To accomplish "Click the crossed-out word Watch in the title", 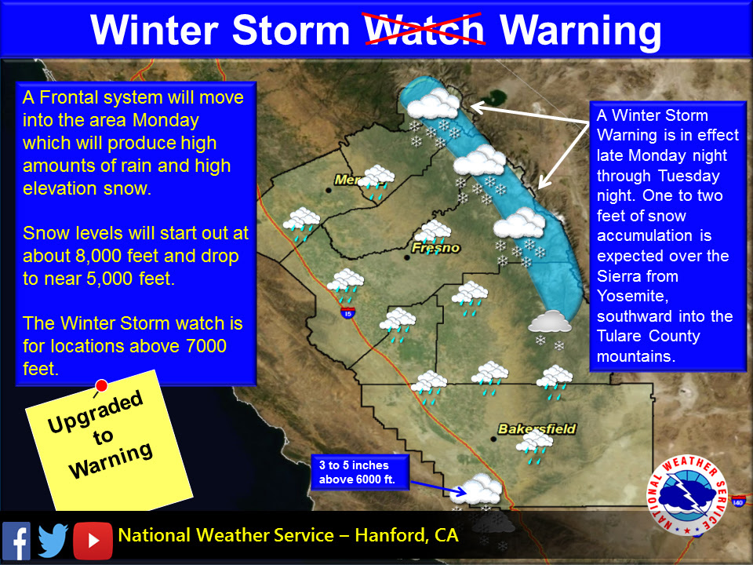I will tap(427, 30).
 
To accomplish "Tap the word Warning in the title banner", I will tap(580, 30).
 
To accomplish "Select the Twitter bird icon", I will tap(53, 539).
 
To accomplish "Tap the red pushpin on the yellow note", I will tap(101, 385).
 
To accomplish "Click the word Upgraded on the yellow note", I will tap(96, 411).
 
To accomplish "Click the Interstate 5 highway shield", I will tap(347, 312).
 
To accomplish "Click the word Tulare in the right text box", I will tap(625, 337).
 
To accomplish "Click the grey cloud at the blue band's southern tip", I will tap(550, 322).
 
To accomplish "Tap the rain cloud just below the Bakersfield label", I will tap(536, 445).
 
